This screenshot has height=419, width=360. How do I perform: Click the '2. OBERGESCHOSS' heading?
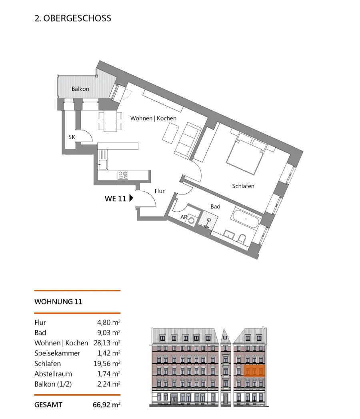(x=73, y=18)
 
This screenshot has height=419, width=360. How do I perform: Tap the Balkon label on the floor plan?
(x=80, y=89)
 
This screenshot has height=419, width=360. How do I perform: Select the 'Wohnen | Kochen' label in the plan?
(x=153, y=118)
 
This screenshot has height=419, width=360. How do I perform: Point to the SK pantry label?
(x=72, y=137)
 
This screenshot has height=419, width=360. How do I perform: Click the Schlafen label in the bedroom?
(x=243, y=186)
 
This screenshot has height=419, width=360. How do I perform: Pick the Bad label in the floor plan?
(x=215, y=206)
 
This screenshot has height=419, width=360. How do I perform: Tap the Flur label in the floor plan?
(x=160, y=191)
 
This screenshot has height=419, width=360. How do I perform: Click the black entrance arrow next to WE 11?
(x=131, y=198)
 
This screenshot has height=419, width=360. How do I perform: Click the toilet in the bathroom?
(x=242, y=239)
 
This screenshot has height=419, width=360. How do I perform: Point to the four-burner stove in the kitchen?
(x=123, y=175)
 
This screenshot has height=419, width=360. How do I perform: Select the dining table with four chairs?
(x=110, y=121)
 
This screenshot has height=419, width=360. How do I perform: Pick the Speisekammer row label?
(x=57, y=353)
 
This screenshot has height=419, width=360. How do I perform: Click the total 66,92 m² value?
(x=106, y=405)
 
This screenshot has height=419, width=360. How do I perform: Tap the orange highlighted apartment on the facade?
(x=254, y=371)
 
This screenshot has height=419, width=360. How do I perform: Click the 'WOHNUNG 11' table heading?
(x=58, y=302)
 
